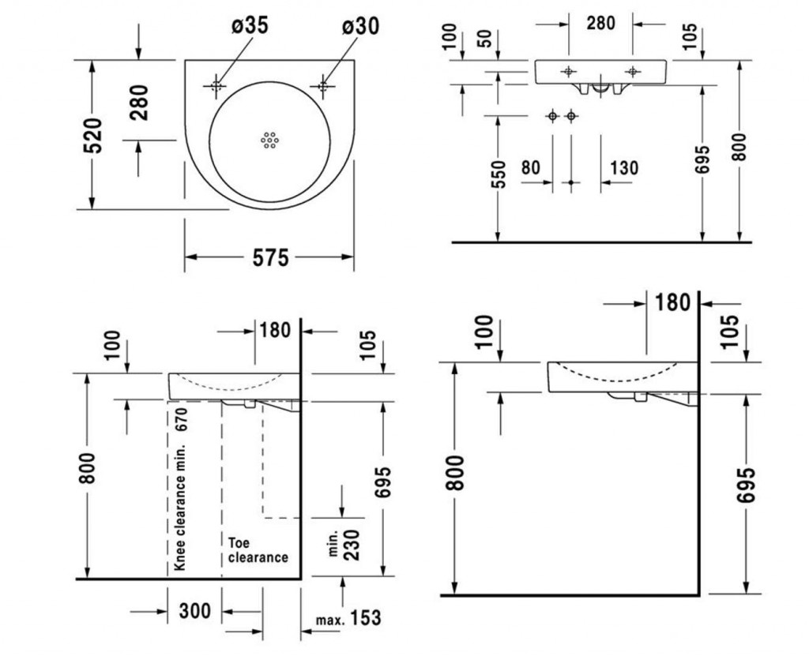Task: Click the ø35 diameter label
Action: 250,26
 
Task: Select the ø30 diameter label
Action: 360,26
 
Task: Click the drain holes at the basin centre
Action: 269,140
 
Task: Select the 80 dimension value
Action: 531,167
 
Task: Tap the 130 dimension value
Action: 624,167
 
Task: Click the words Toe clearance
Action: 258,550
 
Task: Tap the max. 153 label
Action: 348,618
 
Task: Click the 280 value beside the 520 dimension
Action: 138,102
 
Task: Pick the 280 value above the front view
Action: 600,23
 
